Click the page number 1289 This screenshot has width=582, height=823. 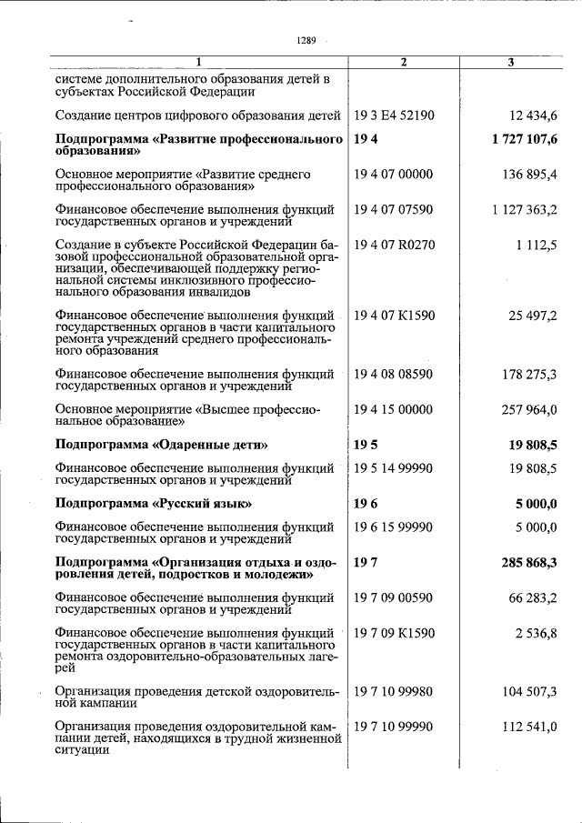coord(306,40)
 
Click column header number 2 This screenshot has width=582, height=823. coord(403,62)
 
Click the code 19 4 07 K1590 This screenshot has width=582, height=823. coord(394,316)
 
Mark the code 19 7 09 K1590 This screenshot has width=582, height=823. coord(394,632)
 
